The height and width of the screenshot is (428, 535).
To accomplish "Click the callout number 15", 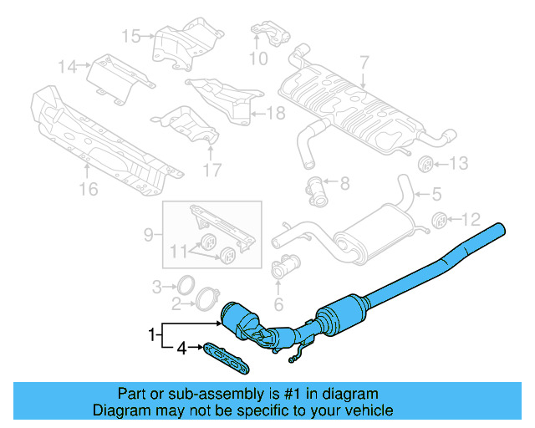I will (x=131, y=36).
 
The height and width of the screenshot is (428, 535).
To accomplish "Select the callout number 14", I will (x=67, y=65).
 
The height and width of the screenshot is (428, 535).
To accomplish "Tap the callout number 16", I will (x=88, y=190).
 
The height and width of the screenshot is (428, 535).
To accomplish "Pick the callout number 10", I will (x=258, y=59).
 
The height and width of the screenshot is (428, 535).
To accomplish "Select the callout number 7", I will (x=364, y=62).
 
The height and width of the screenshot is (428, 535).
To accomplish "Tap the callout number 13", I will (x=461, y=164).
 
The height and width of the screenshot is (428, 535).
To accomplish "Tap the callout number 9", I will (x=149, y=236).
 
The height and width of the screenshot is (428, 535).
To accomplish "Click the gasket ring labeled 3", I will (x=188, y=286).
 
